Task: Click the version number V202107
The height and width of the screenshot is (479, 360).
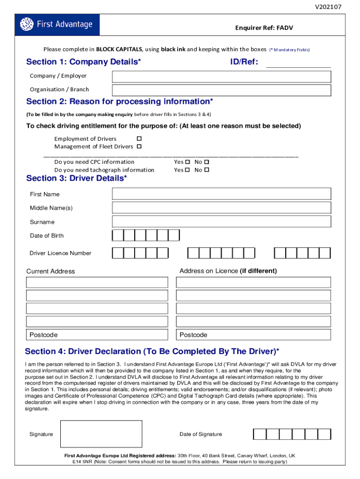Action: [328, 7]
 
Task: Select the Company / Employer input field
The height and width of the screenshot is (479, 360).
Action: [221, 76]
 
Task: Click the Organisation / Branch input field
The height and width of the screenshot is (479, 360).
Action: [221, 90]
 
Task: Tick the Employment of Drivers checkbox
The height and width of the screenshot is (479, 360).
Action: [139, 138]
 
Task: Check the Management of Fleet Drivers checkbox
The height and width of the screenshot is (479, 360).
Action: [139, 146]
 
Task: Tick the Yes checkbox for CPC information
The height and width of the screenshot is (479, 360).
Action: [187, 162]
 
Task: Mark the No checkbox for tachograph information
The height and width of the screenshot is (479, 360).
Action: [207, 170]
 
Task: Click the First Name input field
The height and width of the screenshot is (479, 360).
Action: [221, 194]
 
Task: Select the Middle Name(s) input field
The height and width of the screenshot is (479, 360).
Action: [221, 208]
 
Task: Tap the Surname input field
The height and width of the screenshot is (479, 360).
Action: [221, 222]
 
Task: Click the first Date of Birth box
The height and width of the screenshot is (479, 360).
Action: [118, 235]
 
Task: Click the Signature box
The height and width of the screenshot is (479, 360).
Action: [101, 434]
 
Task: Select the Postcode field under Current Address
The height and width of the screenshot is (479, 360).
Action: [97, 334]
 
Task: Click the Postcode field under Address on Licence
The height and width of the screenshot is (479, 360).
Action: [253, 334]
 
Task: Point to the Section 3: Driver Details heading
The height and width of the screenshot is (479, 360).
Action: [76, 178]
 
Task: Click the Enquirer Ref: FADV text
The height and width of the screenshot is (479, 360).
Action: [264, 28]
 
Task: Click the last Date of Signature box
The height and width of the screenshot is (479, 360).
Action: [324, 434]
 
